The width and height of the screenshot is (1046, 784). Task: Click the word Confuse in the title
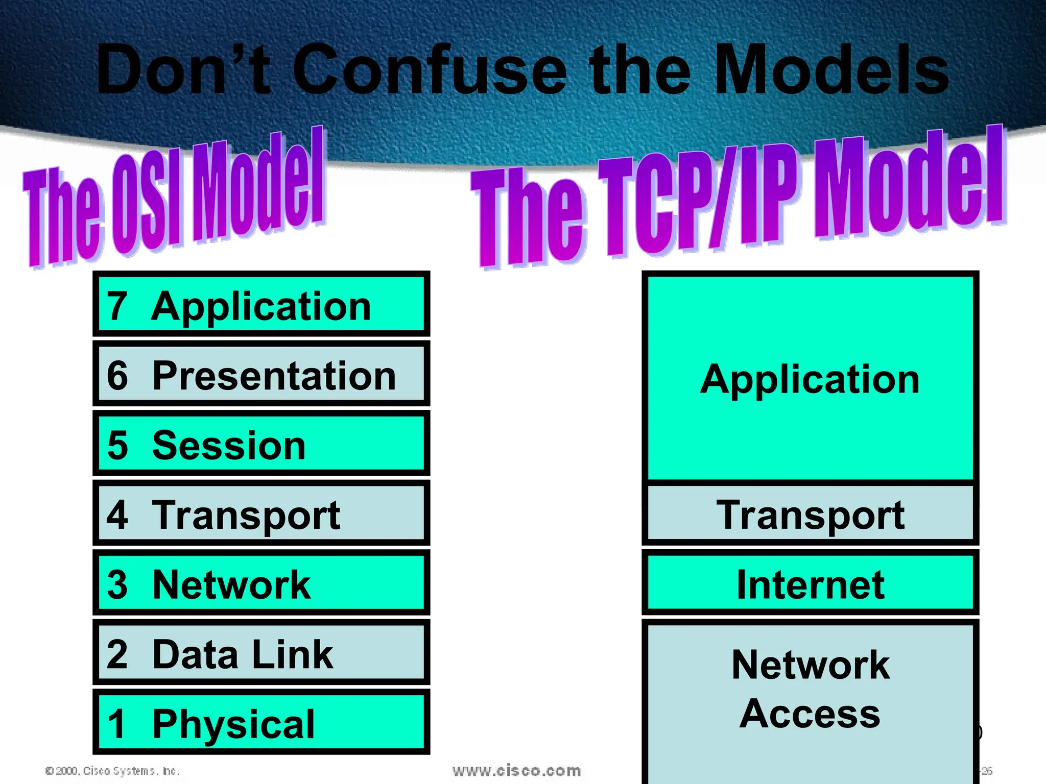click(429, 70)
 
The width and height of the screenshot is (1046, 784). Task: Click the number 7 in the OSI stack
click(117, 306)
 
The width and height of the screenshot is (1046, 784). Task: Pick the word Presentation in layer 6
click(274, 376)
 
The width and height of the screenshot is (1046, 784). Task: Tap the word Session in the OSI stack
click(229, 446)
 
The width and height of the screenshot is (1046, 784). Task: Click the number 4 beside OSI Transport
click(117, 515)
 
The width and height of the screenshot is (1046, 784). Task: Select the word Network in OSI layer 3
click(231, 585)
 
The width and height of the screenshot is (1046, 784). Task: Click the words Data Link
click(242, 654)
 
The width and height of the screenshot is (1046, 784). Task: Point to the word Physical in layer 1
click(233, 724)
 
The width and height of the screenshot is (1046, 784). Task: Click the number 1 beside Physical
click(117, 724)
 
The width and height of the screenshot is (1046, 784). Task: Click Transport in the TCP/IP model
click(810, 515)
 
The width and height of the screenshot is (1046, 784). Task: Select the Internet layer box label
click(810, 585)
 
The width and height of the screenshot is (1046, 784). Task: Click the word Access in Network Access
click(810, 714)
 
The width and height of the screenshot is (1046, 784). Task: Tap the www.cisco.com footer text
click(516, 771)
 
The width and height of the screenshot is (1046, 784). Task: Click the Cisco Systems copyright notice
click(112, 771)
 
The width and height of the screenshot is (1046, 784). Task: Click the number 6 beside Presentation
click(117, 376)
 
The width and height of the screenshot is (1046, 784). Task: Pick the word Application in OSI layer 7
click(261, 307)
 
